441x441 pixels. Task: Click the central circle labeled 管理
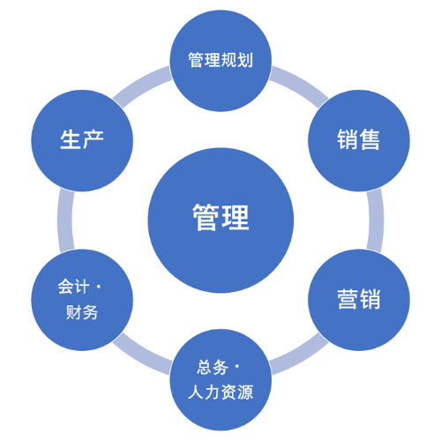[x=220, y=220]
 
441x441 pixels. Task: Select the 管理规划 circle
[x=220, y=61]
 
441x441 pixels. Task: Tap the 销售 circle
[x=359, y=140]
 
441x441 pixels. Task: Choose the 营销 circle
[x=359, y=300]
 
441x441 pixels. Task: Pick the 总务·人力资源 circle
[x=220, y=380]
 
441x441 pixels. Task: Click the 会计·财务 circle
[x=82, y=300]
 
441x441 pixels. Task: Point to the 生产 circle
[x=82, y=140]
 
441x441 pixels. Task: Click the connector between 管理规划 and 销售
[x=301, y=85]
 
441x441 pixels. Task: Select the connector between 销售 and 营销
[x=376, y=220]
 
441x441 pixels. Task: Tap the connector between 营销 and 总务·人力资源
[x=301, y=356]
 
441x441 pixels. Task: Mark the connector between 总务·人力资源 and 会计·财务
[x=140, y=356]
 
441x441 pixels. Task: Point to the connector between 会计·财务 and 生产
[x=65, y=220]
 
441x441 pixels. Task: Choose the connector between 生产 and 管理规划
[x=140, y=85]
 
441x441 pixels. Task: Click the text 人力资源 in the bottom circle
[x=220, y=392]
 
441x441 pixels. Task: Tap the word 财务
[x=82, y=312]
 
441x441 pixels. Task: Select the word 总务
[x=213, y=367]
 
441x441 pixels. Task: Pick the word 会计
[x=73, y=287]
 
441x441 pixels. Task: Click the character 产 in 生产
[x=93, y=139]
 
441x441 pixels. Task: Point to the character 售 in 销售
[x=370, y=139]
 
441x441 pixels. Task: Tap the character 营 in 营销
[x=348, y=299]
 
